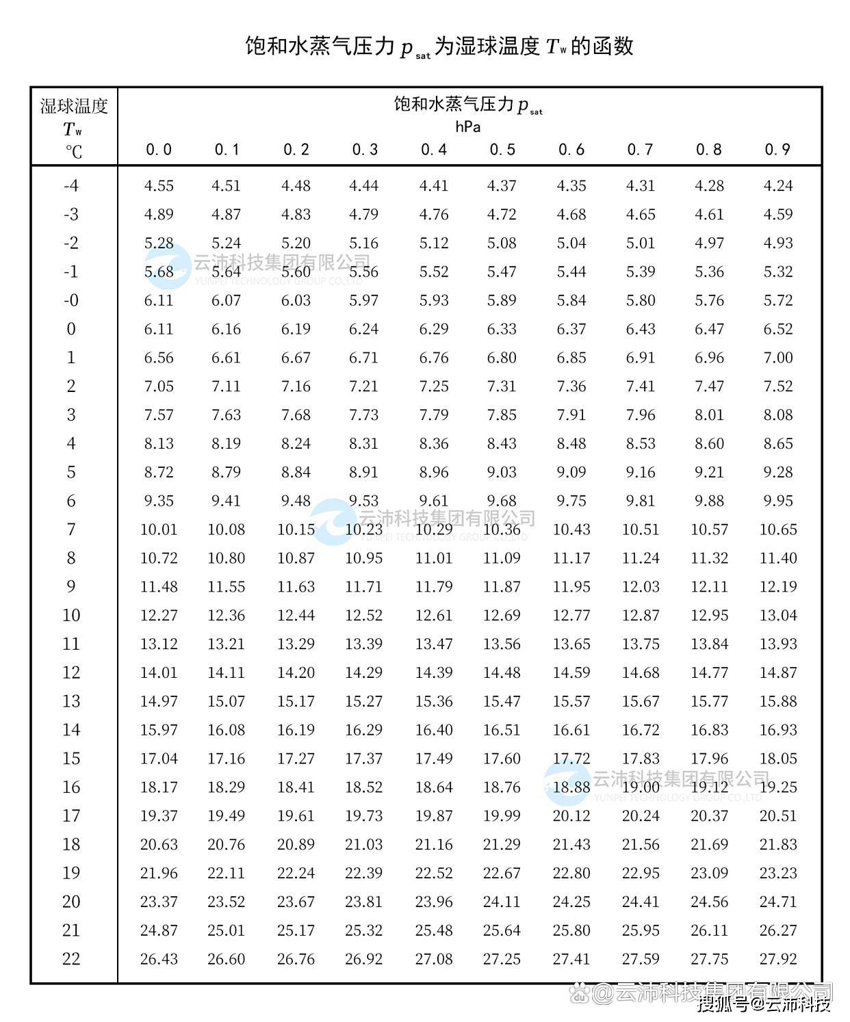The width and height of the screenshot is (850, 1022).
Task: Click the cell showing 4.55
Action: click(x=159, y=186)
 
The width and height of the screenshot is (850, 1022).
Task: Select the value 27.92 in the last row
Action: click(x=778, y=959)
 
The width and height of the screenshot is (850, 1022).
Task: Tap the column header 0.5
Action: click(x=502, y=150)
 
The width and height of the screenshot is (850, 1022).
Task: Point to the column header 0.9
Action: click(x=777, y=150)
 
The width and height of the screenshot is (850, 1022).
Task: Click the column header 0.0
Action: click(x=159, y=150)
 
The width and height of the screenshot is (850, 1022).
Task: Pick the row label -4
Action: click(x=71, y=186)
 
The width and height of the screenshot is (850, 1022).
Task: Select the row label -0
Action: click(x=71, y=300)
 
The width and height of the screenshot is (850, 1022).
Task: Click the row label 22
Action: click(x=71, y=959)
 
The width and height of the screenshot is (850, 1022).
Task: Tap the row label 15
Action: click(x=71, y=759)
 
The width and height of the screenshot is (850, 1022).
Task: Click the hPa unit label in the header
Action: click(x=468, y=127)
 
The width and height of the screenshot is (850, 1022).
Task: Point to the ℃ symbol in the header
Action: click(x=73, y=151)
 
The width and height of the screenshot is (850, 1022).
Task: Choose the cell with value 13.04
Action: click(x=778, y=616)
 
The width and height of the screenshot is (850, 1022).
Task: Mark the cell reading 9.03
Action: click(x=502, y=472)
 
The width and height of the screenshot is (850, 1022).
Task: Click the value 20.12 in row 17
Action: click(x=571, y=816)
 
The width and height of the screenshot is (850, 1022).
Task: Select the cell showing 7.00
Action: click(x=778, y=358)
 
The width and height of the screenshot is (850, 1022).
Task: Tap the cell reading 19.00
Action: click(x=641, y=787)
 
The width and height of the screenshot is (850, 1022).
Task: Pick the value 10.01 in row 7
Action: click(x=159, y=529)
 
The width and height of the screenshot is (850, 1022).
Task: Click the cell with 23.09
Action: click(x=709, y=874)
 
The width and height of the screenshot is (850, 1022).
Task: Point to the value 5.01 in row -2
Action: click(x=641, y=244)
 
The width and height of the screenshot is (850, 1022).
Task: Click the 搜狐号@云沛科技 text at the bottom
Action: click(x=764, y=1004)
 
